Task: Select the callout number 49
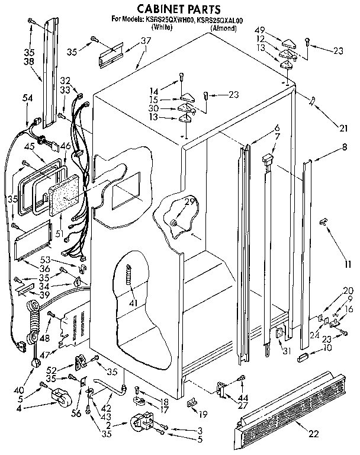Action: (x=259, y=30)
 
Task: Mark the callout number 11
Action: (x=348, y=264)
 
